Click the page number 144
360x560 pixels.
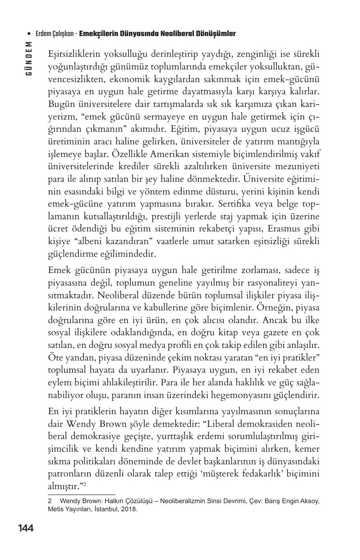coord(26,528)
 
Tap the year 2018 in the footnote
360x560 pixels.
coord(128,509)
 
